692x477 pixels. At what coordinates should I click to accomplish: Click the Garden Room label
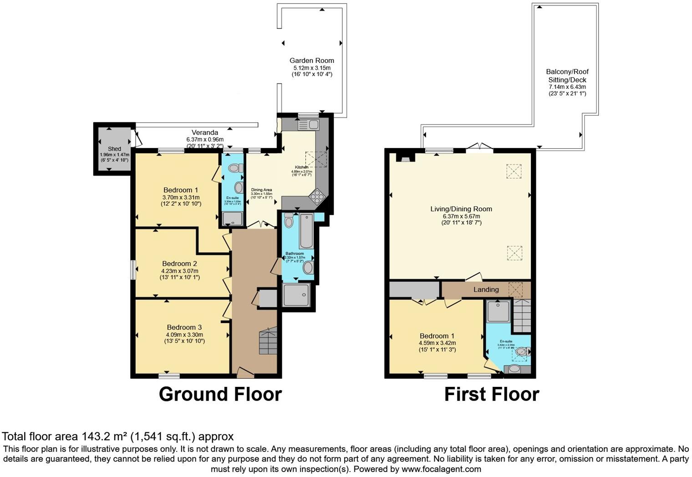(x=312, y=61)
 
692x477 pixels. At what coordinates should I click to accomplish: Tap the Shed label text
(x=114, y=149)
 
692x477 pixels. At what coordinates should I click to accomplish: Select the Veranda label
(x=204, y=132)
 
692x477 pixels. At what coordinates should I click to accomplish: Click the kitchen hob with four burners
(x=316, y=196)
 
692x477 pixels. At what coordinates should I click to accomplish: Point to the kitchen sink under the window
(x=309, y=124)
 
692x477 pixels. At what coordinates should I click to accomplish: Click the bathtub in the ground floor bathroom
(x=306, y=231)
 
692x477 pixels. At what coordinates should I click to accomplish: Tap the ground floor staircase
(x=268, y=341)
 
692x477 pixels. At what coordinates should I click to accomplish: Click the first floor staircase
(x=522, y=315)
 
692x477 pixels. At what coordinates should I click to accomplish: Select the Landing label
(x=486, y=289)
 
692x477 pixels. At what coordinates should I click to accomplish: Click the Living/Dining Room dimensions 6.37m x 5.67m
(x=461, y=216)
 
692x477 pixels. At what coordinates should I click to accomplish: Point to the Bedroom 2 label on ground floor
(x=179, y=264)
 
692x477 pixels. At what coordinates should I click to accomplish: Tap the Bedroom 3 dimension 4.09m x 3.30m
(x=184, y=335)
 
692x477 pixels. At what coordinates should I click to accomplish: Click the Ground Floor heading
(x=220, y=394)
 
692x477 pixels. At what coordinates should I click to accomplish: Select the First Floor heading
(x=492, y=394)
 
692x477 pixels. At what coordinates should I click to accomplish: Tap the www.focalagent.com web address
(x=441, y=469)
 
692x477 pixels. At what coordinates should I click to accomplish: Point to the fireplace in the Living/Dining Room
(x=405, y=157)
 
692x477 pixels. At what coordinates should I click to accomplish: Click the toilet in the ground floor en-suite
(x=234, y=168)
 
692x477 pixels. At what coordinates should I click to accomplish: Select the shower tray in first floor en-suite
(x=499, y=311)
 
